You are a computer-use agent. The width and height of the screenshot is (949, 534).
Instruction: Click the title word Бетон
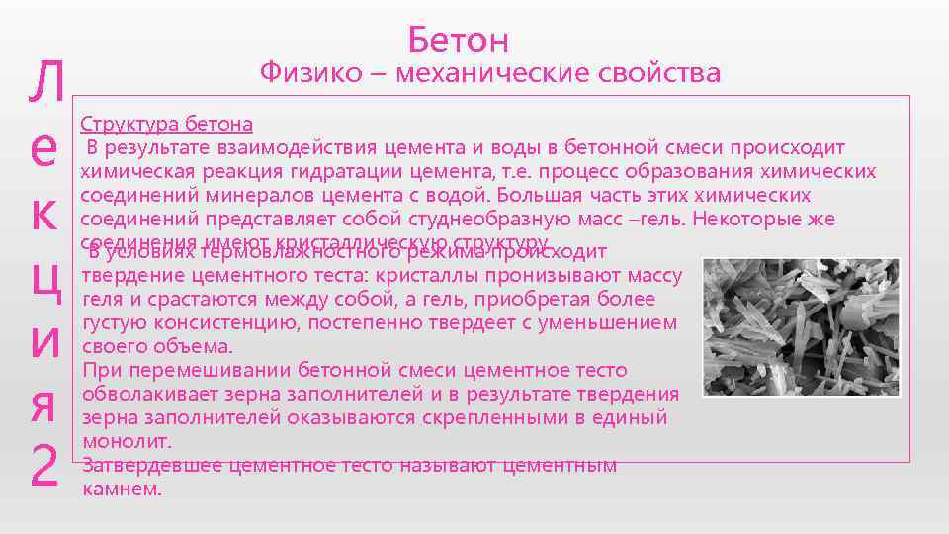(x=458, y=40)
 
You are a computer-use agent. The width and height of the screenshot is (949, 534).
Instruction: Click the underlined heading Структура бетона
(x=166, y=125)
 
